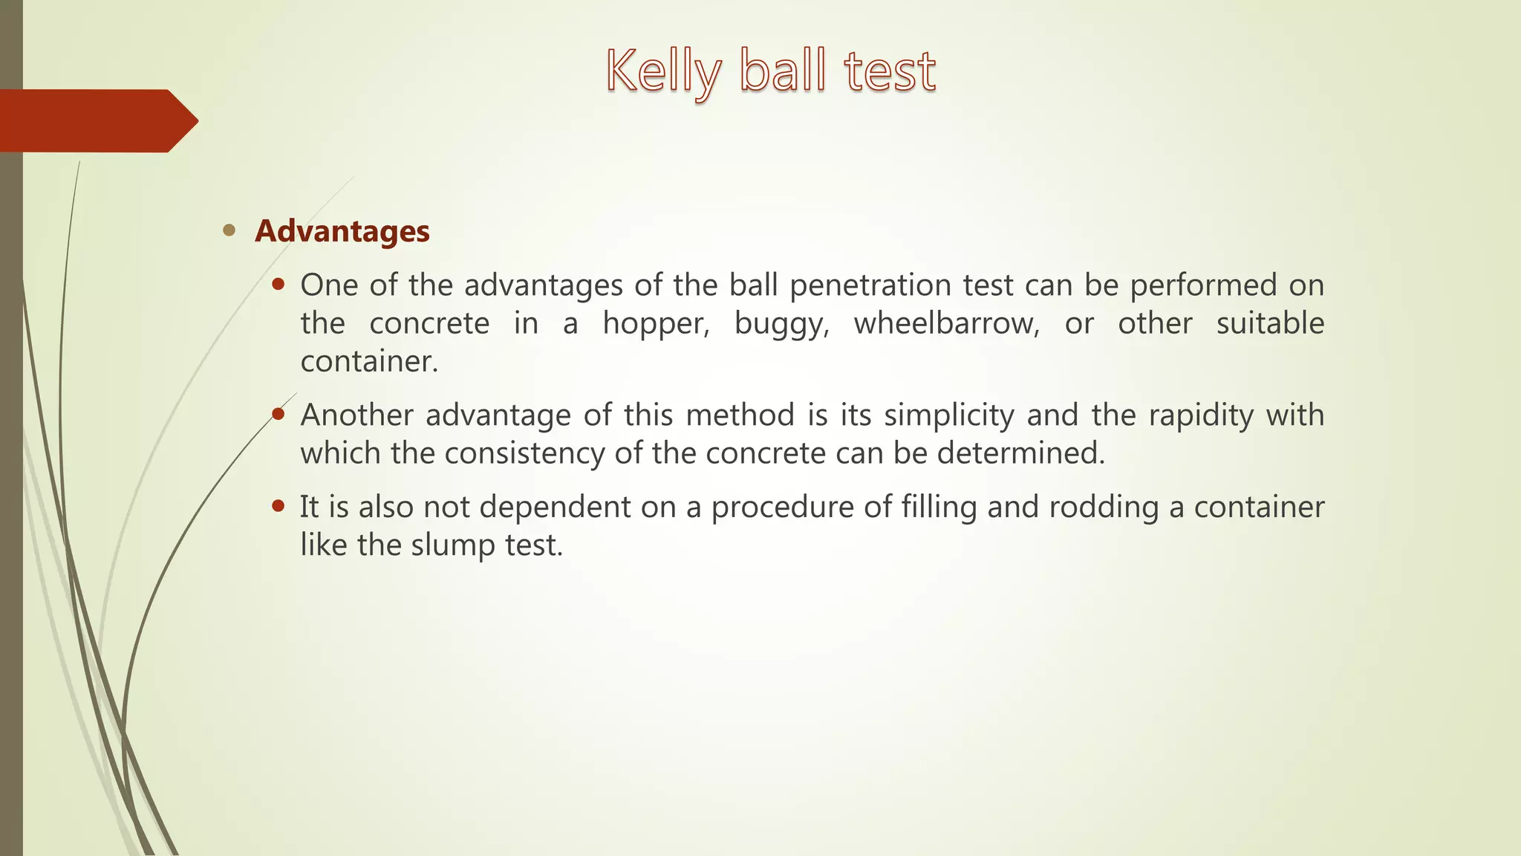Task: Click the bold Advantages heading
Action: tap(342, 231)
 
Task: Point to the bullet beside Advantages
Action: tap(229, 230)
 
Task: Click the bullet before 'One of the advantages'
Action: tap(279, 284)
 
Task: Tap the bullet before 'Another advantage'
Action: tap(279, 414)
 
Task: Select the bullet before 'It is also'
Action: tap(279, 506)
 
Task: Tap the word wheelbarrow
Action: tap(946, 323)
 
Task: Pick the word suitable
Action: tap(1270, 323)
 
